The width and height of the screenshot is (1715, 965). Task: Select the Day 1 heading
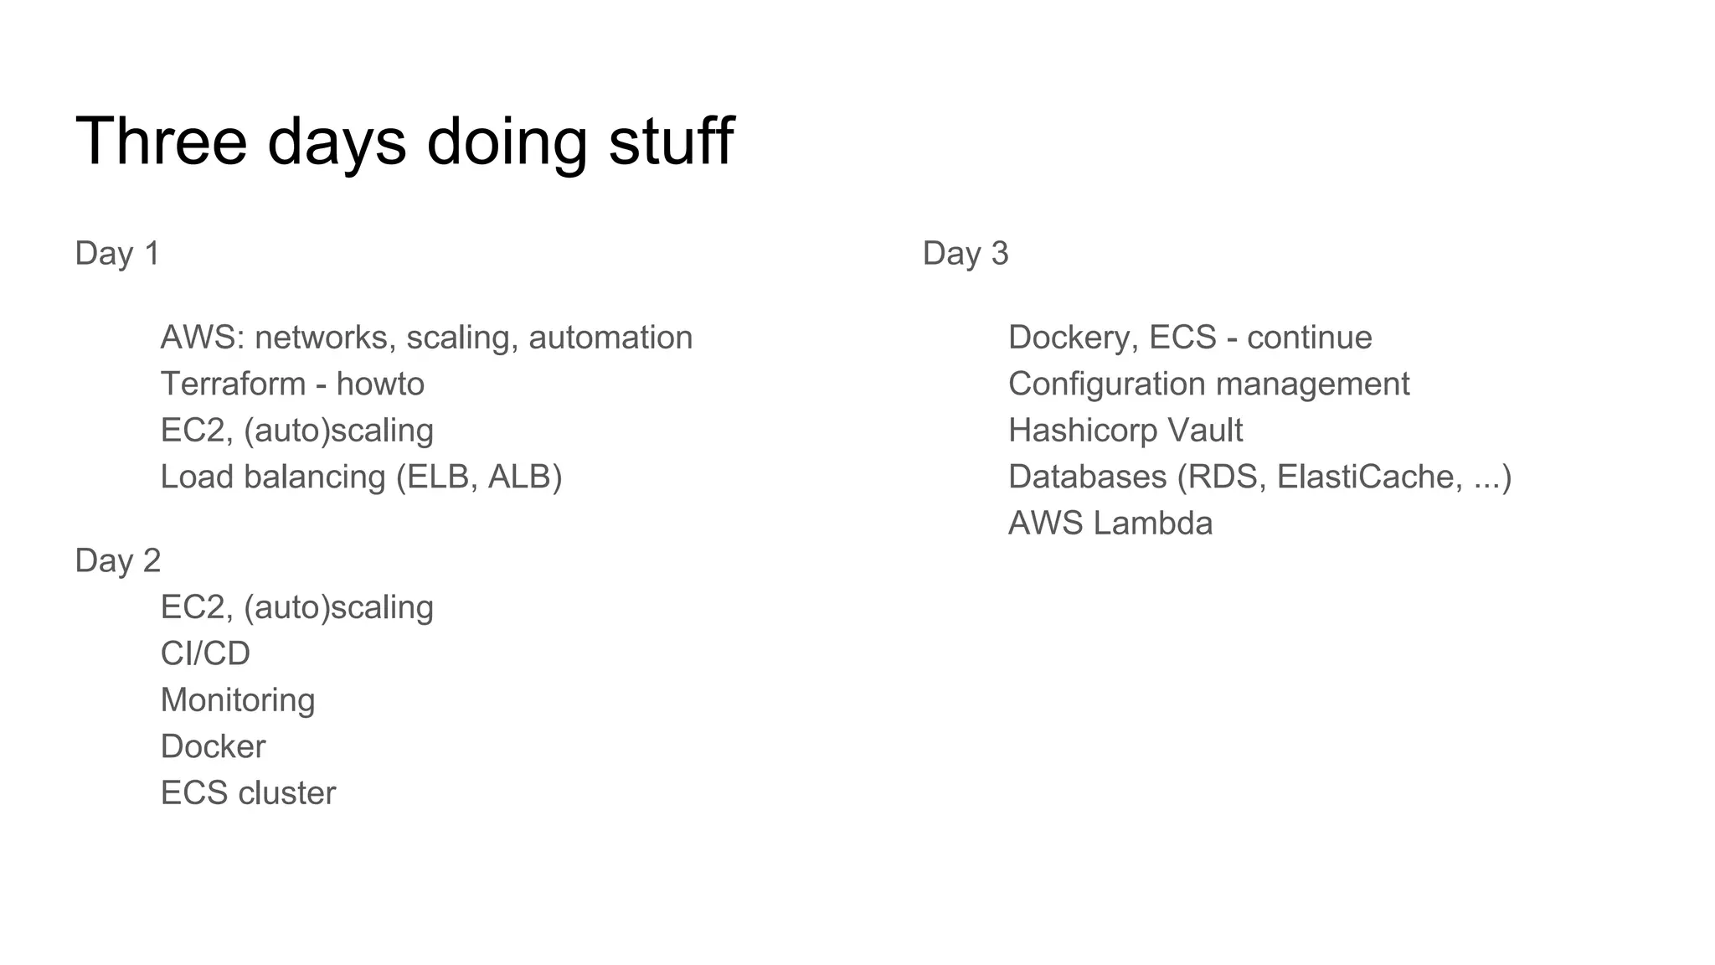[117, 253]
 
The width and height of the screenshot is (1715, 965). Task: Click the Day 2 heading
[117, 560]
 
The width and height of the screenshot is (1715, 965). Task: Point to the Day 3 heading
[966, 253]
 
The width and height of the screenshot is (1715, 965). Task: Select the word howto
[380, 384]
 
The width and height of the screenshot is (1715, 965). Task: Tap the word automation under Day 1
[610, 338]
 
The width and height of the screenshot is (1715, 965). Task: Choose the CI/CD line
[205, 653]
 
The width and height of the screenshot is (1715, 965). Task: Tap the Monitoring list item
[238, 700]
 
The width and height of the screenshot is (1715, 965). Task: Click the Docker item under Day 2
[213, 746]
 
